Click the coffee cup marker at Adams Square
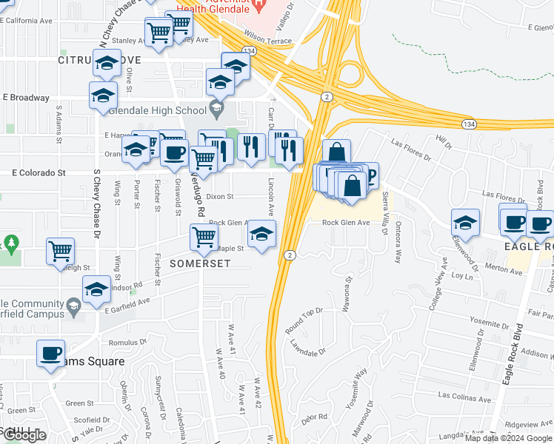(50, 354)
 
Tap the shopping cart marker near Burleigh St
(60, 250)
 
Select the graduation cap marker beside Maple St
(261, 235)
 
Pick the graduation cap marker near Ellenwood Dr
(465, 222)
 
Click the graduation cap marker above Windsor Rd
(97, 291)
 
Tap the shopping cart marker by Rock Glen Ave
(204, 237)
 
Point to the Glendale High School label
(158, 111)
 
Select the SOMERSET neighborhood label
(199, 263)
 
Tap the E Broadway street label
(26, 97)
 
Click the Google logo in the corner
(24, 435)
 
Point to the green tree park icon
(10, 243)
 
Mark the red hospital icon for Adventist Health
(258, 6)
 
